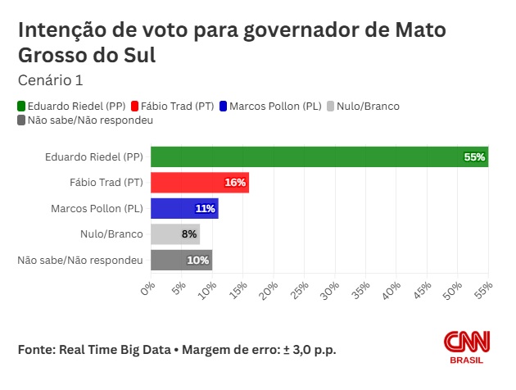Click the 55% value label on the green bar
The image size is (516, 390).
[x=474, y=156]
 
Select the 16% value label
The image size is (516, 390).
[x=235, y=183]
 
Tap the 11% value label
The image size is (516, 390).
[x=205, y=209]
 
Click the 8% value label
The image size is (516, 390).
[x=189, y=234]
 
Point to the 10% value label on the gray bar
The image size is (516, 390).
[x=199, y=261]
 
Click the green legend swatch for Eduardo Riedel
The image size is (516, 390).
[x=21, y=107]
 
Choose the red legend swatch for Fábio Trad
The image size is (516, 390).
[x=135, y=107]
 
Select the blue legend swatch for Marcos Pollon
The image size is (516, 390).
[x=224, y=107]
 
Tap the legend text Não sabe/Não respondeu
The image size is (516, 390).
[x=90, y=120]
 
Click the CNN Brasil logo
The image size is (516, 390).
[x=464, y=347]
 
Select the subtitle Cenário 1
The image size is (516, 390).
[x=50, y=80]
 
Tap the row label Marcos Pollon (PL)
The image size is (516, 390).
[x=96, y=209]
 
